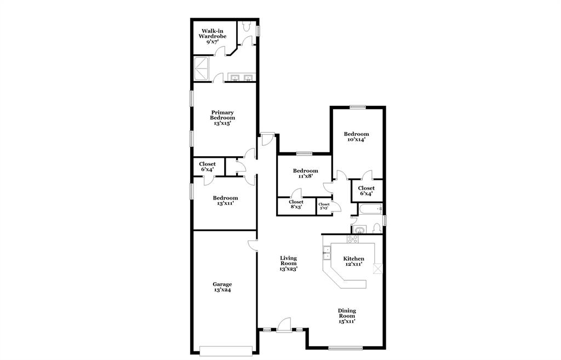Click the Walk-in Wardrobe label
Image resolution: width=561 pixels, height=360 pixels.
tap(213, 36)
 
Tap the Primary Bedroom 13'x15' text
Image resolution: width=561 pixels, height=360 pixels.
tap(222, 118)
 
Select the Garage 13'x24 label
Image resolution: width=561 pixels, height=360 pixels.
tap(222, 287)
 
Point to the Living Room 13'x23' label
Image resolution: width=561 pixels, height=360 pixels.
tap(289, 264)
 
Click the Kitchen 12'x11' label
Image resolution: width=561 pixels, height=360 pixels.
tap(353, 261)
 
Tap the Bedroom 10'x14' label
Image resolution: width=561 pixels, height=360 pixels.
tap(356, 136)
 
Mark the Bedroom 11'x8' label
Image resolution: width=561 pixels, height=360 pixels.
tap(305, 174)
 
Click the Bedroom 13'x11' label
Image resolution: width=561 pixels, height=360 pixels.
tap(225, 201)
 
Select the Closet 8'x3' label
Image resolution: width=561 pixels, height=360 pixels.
tap(296, 204)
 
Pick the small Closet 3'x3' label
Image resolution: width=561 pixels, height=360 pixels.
tap(324, 206)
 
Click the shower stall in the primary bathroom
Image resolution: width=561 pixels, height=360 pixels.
tap(203, 68)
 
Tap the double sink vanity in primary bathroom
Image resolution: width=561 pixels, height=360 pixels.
tap(241, 78)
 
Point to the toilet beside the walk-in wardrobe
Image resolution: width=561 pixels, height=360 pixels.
tap(247, 26)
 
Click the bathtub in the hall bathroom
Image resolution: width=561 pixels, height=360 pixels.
tap(370, 209)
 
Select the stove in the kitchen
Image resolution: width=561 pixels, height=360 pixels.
tap(352, 239)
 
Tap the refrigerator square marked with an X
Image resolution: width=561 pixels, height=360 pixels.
tap(376, 268)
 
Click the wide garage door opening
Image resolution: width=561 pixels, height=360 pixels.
tap(226, 350)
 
